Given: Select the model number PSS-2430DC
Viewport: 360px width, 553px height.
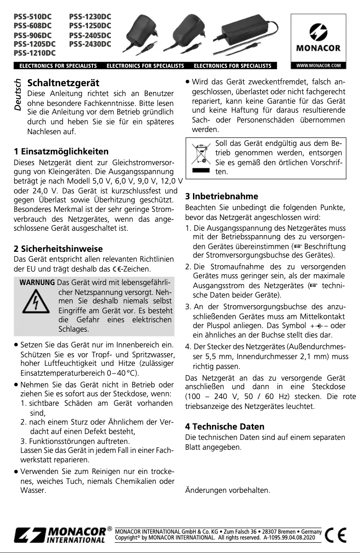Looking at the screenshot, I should pos(90,44).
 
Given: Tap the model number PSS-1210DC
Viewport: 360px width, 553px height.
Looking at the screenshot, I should pos(35,53).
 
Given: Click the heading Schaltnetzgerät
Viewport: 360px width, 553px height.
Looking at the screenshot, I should pos(63,83).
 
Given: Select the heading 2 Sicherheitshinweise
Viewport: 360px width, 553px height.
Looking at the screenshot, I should pos(58,248).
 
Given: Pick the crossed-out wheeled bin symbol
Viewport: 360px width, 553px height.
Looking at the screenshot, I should pos(201,155).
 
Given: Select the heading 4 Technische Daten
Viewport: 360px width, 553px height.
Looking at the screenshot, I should pos(231,426).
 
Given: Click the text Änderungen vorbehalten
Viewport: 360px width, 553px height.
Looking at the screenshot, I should pos(228,490).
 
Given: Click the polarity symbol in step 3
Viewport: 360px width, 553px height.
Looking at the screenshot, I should pos(319,326).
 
